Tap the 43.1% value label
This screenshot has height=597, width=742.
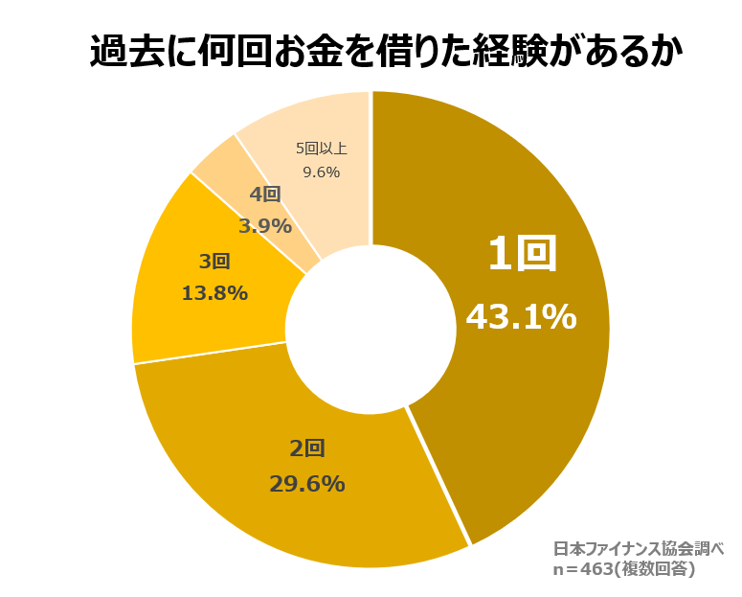[521, 316]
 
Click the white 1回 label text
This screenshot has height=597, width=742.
[522, 255]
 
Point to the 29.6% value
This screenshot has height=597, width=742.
[306, 484]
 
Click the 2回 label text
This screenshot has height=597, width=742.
[307, 448]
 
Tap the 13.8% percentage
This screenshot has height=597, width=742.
[214, 293]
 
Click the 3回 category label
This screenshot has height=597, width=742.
[214, 261]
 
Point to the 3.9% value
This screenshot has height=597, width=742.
[265, 226]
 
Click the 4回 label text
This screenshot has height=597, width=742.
[265, 195]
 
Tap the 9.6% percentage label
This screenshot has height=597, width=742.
[321, 172]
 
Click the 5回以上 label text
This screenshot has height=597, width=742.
[321, 148]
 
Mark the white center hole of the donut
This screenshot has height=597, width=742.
[371, 330]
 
